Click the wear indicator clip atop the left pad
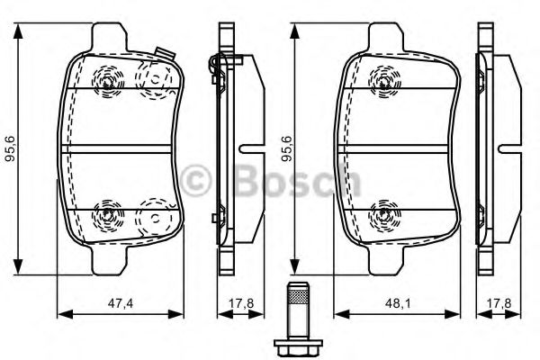pos(162,53)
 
